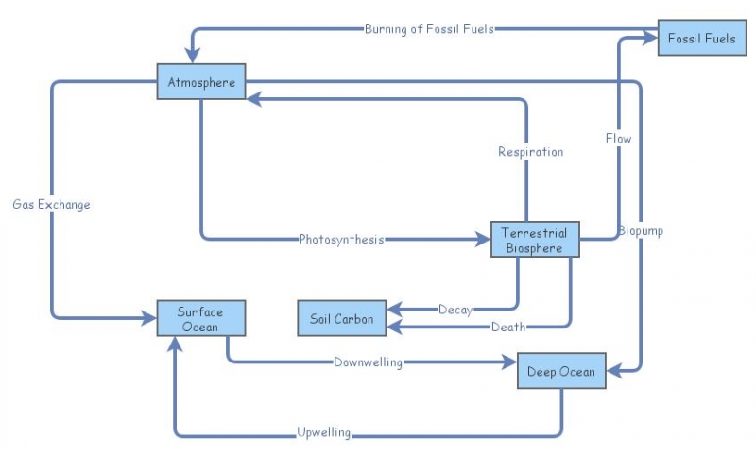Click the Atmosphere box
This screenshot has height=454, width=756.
pos(201,82)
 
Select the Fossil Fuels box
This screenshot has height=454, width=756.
pos(701,39)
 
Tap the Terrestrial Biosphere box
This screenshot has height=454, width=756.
pos(535,240)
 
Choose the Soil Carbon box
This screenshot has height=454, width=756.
pos(341,319)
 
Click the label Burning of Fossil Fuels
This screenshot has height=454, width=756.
pos(430,28)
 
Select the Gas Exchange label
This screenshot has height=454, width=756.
pos(51,204)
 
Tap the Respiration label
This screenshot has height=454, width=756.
pos(530,151)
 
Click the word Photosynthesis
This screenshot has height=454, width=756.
pos(341,239)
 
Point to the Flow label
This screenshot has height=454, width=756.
pos(618,139)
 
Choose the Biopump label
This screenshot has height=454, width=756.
pos(641,230)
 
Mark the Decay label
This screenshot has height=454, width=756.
pos(455,309)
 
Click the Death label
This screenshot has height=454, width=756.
pos(507,327)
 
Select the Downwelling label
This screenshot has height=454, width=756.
pos(368,362)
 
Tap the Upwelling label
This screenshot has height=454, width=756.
pos(323,433)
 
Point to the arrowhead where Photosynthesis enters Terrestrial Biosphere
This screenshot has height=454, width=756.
pos(483,239)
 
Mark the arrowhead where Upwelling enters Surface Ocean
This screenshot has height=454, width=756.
pos(176,344)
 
